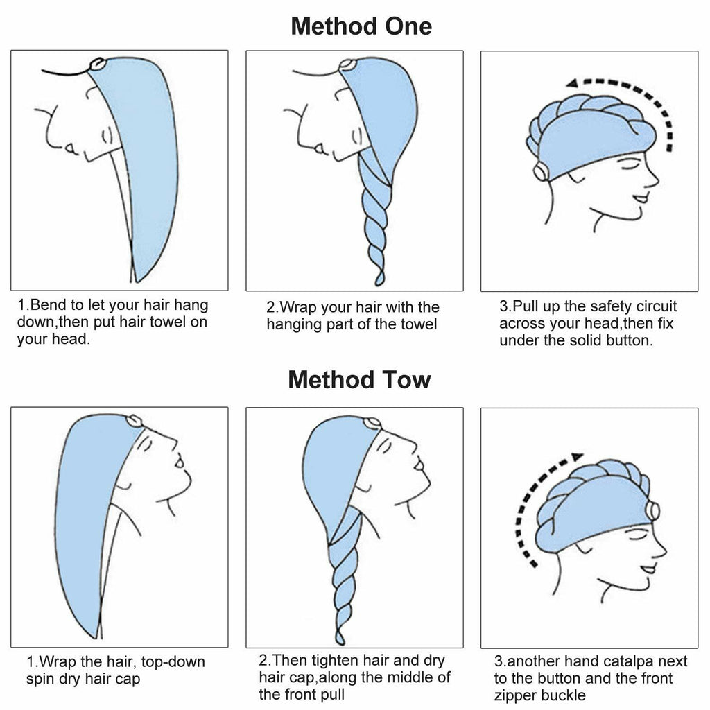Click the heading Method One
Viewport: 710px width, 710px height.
coord(361,26)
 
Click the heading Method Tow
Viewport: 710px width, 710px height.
coord(360,379)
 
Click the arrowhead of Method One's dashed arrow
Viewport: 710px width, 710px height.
coord(571,83)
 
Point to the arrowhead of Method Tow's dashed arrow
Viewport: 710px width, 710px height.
coord(577,457)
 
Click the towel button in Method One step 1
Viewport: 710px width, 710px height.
coord(97,64)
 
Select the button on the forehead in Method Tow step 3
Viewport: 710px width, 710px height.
coord(652,511)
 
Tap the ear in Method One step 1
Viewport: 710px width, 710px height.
coord(107,136)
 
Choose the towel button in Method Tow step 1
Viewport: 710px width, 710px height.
coord(134,421)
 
